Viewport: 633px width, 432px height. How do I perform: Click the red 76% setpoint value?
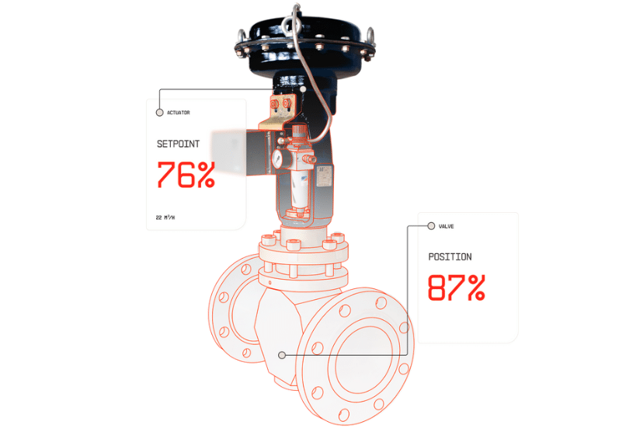point(186,175)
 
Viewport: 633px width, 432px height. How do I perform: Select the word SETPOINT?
point(178,144)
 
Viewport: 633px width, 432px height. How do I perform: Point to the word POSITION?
point(450,257)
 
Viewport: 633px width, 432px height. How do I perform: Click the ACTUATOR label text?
point(178,113)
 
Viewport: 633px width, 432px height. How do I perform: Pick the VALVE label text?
point(447,226)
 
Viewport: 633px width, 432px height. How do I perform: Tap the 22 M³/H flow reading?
point(165,218)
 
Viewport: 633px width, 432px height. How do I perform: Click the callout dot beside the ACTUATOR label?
point(159,113)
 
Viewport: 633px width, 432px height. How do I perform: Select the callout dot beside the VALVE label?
point(431,226)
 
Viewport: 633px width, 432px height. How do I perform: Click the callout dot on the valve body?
point(282,354)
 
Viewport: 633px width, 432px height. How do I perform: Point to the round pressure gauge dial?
point(276,159)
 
